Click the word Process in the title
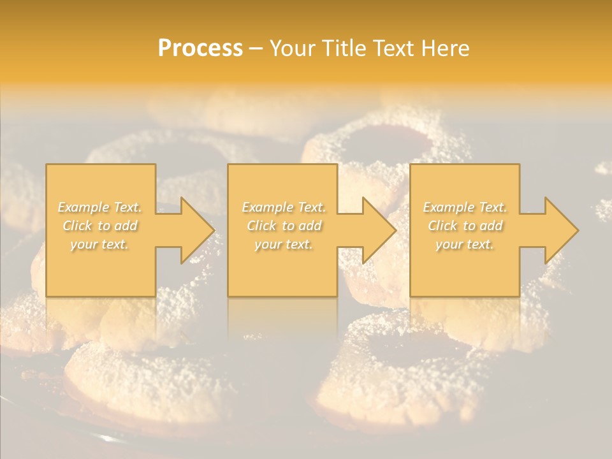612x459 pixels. click(x=200, y=48)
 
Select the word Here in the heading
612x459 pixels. click(x=445, y=48)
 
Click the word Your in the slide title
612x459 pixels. click(x=293, y=48)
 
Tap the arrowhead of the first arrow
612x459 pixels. click(x=197, y=230)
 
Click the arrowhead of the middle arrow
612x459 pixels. click(x=379, y=230)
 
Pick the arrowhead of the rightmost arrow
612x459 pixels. click(x=561, y=230)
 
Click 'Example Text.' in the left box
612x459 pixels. click(x=99, y=207)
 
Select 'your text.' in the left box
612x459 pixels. click(x=99, y=244)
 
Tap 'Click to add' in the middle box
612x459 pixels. click(x=284, y=226)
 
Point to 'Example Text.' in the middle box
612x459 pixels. click(x=284, y=207)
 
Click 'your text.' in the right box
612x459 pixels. click(x=465, y=244)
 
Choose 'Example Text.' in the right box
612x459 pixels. click(x=465, y=207)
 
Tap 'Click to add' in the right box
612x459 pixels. click(x=465, y=226)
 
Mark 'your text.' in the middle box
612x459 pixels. click(x=284, y=244)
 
